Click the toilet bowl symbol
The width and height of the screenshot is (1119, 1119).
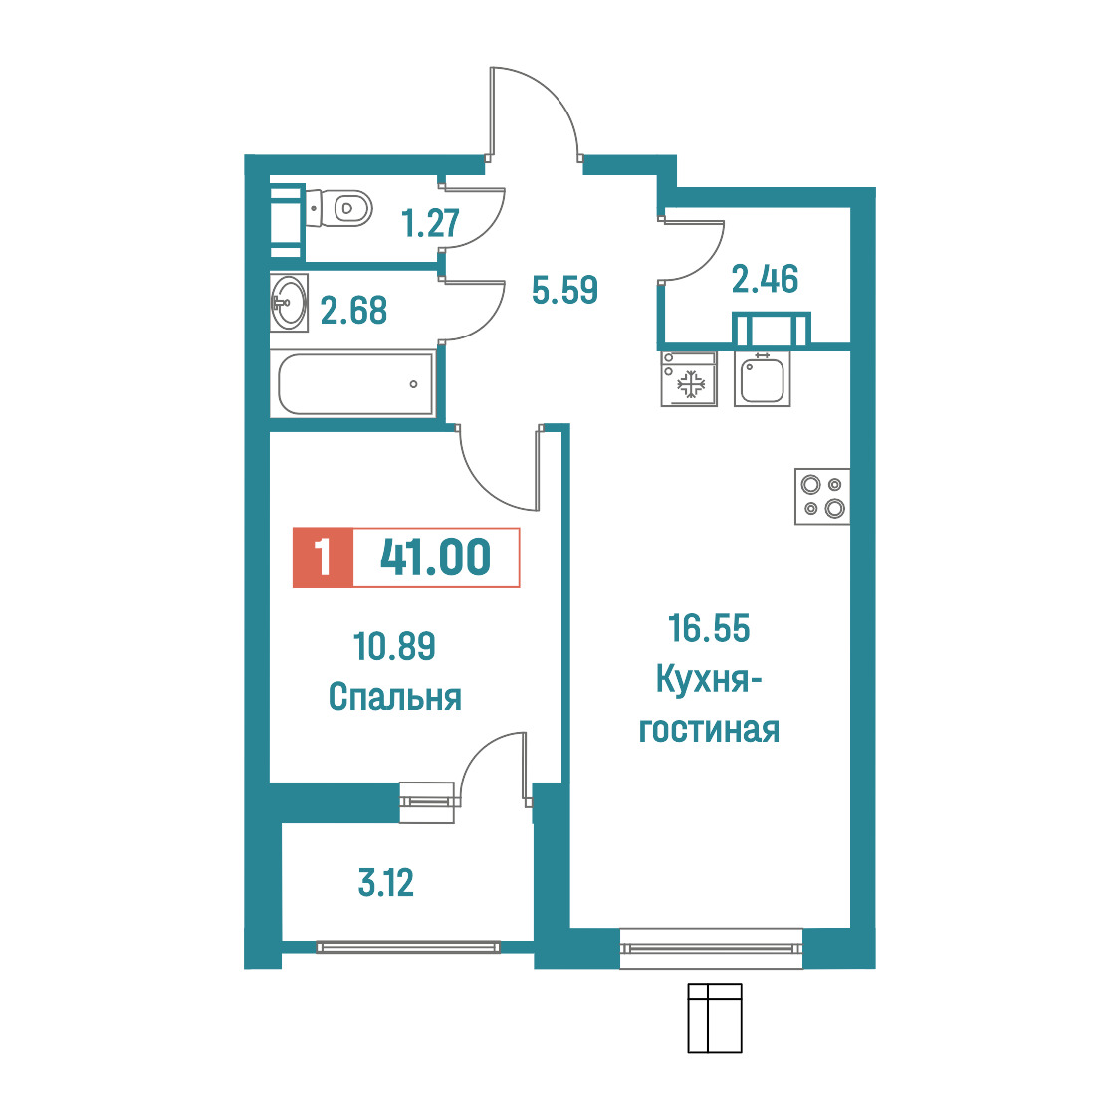(x=338, y=208)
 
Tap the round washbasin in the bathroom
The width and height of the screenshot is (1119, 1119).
(x=289, y=303)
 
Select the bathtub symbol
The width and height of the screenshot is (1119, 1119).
(x=354, y=384)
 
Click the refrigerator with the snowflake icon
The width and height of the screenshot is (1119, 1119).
(x=689, y=379)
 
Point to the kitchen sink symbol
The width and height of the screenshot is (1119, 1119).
(x=763, y=379)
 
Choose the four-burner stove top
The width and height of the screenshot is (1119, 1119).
(x=823, y=497)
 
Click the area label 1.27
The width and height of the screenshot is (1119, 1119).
(x=430, y=223)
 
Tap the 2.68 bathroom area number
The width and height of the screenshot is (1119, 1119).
(x=354, y=311)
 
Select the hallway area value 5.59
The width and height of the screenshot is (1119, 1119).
(x=564, y=290)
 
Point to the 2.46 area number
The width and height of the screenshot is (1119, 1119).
(x=765, y=279)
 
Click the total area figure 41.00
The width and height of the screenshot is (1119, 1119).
(x=435, y=557)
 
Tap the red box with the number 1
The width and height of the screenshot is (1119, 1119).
(x=323, y=558)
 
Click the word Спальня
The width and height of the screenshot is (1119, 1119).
(x=394, y=697)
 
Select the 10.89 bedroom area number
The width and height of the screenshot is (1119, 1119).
(x=394, y=646)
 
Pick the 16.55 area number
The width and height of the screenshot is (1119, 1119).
(x=709, y=629)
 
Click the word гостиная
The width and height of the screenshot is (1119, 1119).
(x=709, y=730)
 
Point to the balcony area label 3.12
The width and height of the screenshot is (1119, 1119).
(x=385, y=883)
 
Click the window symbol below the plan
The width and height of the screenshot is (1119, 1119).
(x=715, y=1018)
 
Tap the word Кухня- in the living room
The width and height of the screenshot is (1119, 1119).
(x=709, y=679)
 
